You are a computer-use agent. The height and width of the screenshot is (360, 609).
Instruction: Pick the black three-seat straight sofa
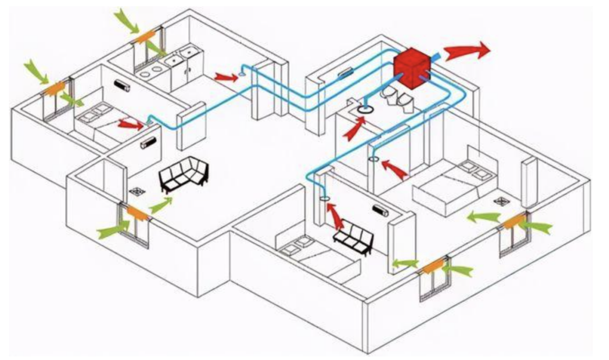click(x=353, y=239)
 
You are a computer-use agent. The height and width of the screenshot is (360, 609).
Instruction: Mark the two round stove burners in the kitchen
click(x=150, y=71)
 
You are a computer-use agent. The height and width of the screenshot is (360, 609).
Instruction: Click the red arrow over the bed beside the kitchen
click(x=130, y=125)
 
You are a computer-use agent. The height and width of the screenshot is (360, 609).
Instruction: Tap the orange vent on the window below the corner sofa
click(x=137, y=211)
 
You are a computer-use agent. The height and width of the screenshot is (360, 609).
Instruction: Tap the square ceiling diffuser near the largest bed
click(x=501, y=200)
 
